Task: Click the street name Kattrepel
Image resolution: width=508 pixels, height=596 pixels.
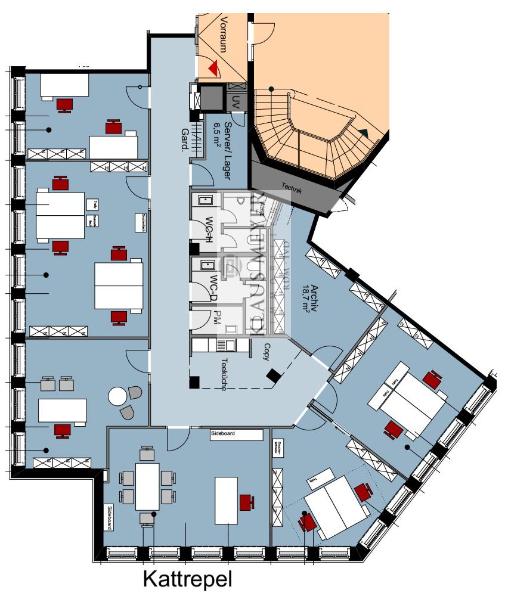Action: tap(186, 580)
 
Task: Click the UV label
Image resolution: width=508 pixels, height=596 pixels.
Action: tap(236, 101)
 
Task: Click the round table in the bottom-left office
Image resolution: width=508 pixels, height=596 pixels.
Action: tap(118, 396)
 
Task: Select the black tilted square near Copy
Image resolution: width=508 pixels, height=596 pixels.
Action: tap(274, 375)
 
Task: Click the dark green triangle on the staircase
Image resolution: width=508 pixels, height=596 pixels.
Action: tap(364, 132)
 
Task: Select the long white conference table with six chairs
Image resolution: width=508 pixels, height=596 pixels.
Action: tap(148, 486)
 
